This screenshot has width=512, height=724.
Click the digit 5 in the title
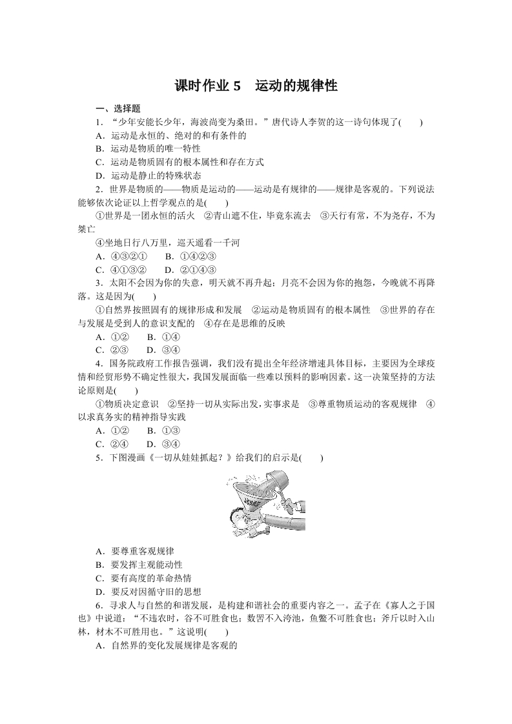[236, 86]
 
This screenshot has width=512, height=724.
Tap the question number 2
[98, 188]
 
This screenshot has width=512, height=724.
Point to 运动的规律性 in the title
[296, 86]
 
